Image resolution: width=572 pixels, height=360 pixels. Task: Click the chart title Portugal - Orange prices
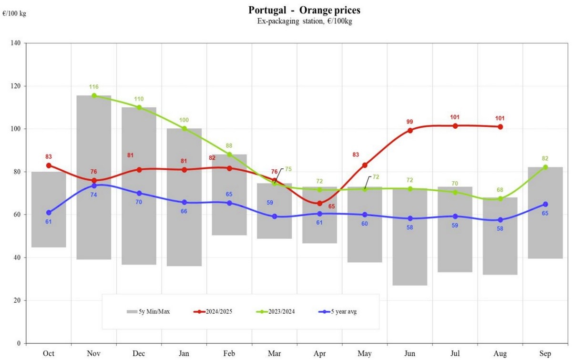tap(304, 10)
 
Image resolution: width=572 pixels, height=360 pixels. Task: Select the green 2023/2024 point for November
tap(94, 95)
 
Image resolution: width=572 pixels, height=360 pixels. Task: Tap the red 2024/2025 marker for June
tap(410, 130)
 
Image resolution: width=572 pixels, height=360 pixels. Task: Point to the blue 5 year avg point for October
tap(49, 213)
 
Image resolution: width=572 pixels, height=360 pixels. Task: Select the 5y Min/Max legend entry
tap(148, 312)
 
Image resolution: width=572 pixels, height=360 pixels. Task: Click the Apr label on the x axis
tap(319, 354)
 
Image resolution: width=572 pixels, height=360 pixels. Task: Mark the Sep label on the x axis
tap(545, 354)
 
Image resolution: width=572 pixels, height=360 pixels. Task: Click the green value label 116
tap(94, 87)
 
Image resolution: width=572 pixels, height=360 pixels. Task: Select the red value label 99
tap(410, 122)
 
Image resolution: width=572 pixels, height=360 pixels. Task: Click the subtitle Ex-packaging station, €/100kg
tap(304, 21)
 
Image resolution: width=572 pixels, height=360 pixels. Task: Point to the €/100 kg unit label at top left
tap(14, 13)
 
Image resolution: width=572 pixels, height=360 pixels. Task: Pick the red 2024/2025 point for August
tap(500, 127)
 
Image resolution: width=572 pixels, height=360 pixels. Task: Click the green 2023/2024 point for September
tap(545, 167)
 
